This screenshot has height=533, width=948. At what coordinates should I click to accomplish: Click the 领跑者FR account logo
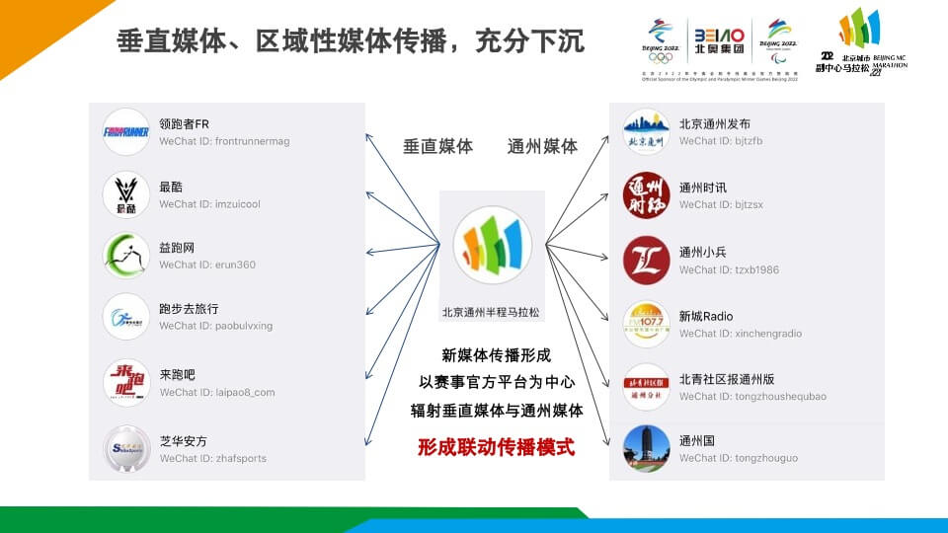[x=126, y=132]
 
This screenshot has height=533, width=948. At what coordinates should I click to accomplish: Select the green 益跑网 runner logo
[x=126, y=256]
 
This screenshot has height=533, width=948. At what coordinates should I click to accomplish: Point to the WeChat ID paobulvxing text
[x=215, y=326]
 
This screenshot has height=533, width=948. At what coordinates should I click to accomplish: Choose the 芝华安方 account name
[x=184, y=440]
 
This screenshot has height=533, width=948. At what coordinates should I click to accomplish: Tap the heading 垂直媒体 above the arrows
[x=437, y=146]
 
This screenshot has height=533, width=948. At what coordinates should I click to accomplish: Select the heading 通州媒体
[x=542, y=146]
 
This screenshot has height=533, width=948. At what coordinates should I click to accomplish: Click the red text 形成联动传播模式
[x=496, y=446]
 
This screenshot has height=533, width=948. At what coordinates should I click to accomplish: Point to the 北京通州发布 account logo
[x=647, y=132]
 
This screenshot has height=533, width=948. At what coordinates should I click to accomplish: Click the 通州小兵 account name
[x=703, y=252]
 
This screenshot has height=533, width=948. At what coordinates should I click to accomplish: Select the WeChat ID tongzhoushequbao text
[x=752, y=397]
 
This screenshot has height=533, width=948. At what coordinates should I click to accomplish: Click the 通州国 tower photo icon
[x=647, y=448]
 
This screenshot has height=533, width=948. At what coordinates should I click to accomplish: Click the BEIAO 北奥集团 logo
[x=719, y=42]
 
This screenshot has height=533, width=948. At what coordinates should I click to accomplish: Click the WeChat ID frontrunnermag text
[x=224, y=141]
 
